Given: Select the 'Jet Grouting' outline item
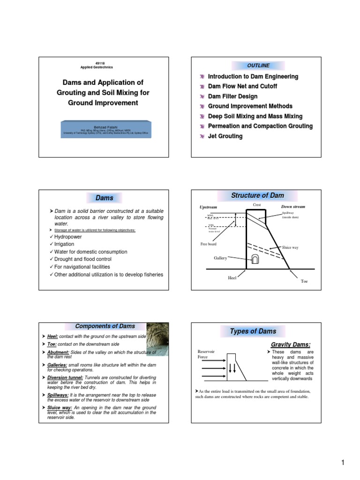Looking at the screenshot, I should [225, 136].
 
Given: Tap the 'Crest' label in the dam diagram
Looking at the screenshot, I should [256, 205].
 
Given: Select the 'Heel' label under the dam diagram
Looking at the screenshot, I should [232, 278].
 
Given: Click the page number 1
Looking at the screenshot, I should [343, 464].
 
